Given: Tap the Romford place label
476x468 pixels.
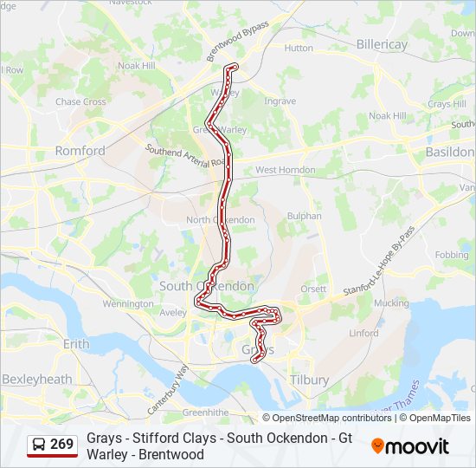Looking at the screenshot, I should pyautogui.click(x=80, y=151).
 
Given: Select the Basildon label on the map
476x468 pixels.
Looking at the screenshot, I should pyautogui.click(x=450, y=152).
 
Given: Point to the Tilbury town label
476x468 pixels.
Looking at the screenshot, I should pyautogui.click(x=310, y=380).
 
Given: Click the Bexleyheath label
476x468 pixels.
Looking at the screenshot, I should pyautogui.click(x=36, y=380).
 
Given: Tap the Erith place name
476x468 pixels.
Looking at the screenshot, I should pyautogui.click(x=76, y=344).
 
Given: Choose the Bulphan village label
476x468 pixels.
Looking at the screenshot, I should pyautogui.click(x=304, y=216).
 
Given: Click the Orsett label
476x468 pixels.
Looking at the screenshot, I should pyautogui.click(x=313, y=289).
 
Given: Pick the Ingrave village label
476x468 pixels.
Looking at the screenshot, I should pyautogui.click(x=280, y=101).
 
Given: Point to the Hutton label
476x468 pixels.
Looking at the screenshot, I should pyautogui.click(x=299, y=49).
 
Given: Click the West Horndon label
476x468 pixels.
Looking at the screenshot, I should pyautogui.click(x=285, y=170).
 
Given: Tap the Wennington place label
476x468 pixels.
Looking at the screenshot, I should pyautogui.click(x=127, y=304).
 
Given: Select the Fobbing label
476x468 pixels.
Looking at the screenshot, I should pyautogui.click(x=451, y=256).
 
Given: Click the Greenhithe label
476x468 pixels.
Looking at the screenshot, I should pyautogui.click(x=204, y=413).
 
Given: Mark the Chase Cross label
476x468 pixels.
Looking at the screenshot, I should pyautogui.click(x=80, y=102).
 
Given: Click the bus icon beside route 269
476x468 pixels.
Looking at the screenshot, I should pyautogui.click(x=40, y=445).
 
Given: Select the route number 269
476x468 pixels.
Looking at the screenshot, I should pyautogui.click(x=61, y=445).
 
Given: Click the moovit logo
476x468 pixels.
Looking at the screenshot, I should pyautogui.click(x=410, y=446).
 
